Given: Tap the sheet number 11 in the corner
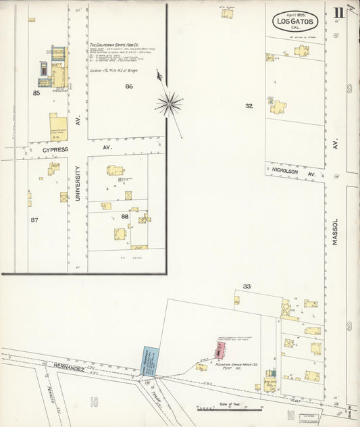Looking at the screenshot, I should tap(338, 12).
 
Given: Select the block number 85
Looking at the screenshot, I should tap(36, 93).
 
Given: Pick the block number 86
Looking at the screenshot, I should tap(128, 86).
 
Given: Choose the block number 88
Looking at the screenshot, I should tap(125, 216).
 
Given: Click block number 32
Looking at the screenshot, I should tap(249, 105).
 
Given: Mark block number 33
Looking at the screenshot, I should tap(247, 286).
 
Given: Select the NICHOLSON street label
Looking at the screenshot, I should tap(286, 172).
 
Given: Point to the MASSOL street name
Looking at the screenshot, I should tap(334, 230).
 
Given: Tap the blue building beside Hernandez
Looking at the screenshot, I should tap(149, 361).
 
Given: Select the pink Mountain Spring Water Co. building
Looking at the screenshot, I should tap(220, 349).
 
